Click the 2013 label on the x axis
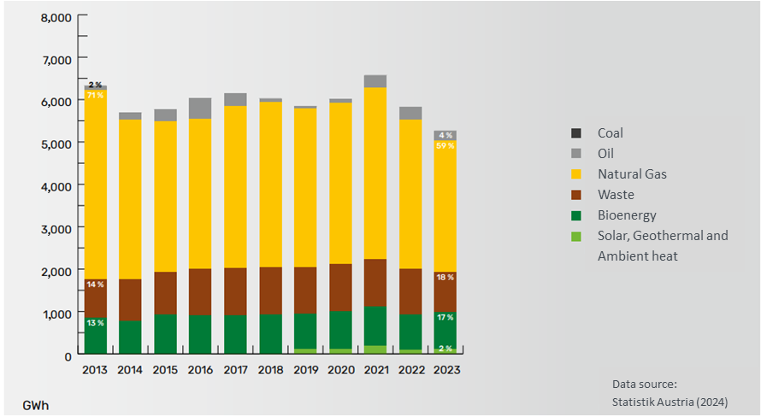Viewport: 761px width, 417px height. click(x=95, y=370)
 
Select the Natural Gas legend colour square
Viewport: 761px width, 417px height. click(x=577, y=174)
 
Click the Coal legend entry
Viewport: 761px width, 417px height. click(x=611, y=133)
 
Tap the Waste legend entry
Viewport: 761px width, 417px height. click(x=616, y=195)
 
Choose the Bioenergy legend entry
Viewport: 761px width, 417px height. click(x=626, y=215)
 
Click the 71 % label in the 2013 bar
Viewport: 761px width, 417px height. click(x=95, y=95)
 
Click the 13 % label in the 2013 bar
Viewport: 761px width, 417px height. click(x=95, y=323)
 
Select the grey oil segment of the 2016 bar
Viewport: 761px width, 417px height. click(x=200, y=108)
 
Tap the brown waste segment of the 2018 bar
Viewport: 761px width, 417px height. click(x=270, y=291)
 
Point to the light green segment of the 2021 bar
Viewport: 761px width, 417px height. click(x=375, y=349)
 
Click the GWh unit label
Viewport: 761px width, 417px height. click(x=36, y=404)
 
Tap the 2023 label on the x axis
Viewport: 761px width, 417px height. click(x=446, y=370)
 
